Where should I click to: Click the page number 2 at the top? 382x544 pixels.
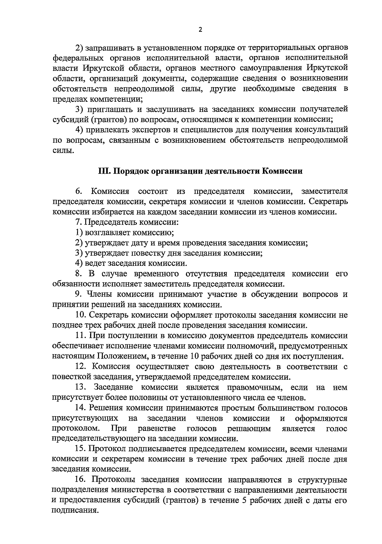coord(200,30)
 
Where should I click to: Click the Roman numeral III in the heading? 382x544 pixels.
coord(104,171)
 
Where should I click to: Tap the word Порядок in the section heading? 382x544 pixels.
coord(130,171)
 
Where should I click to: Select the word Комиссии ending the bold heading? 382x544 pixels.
coord(282,171)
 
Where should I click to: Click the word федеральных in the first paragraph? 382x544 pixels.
coord(75,58)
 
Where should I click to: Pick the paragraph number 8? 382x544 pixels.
coord(79,274)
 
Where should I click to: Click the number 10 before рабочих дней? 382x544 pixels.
coord(195,356)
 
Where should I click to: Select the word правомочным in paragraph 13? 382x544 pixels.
coord(255,388)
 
